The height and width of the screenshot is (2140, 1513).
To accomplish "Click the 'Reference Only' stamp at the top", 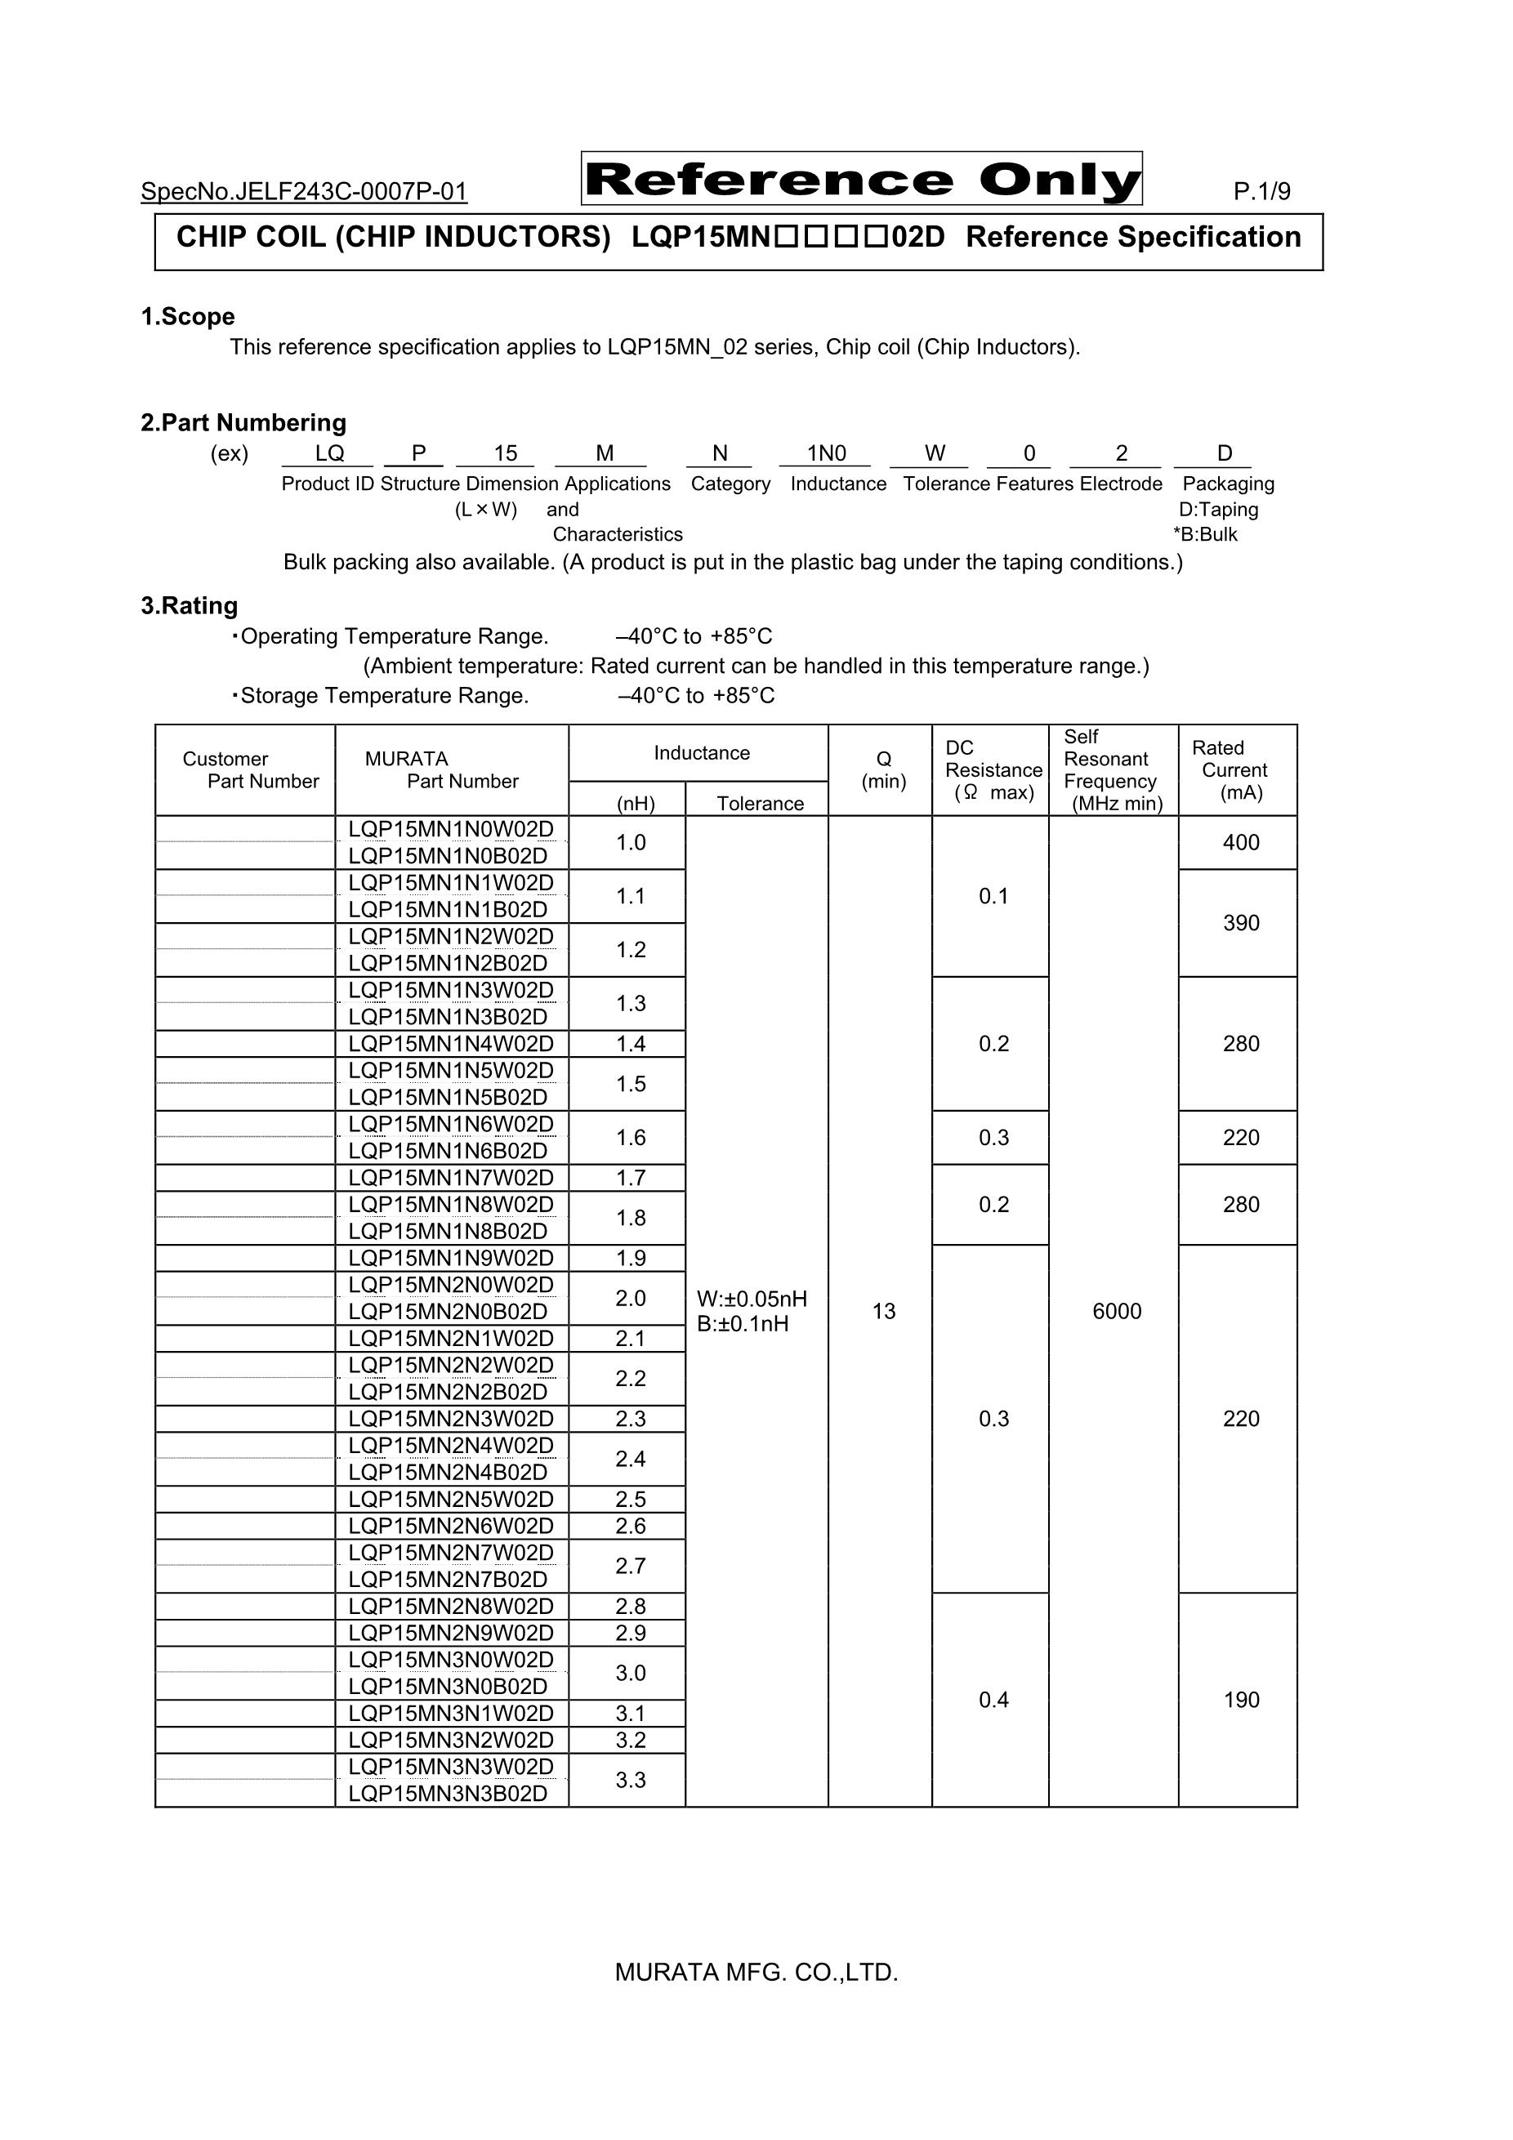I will tap(861, 179).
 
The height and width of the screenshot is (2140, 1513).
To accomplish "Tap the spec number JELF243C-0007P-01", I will tap(304, 192).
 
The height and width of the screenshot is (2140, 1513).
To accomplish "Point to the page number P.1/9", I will tap(1261, 192).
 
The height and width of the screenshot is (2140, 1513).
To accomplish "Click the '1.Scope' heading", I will tap(187, 317).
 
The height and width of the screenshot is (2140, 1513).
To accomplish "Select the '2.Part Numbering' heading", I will tap(243, 423).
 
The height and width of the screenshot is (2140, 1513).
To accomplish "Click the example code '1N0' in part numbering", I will tap(826, 454).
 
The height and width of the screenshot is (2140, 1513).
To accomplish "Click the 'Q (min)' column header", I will tap(883, 770).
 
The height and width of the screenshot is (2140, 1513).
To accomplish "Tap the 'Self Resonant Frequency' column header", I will tap(1112, 770).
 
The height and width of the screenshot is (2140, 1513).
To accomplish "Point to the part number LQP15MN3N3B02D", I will tap(449, 1794).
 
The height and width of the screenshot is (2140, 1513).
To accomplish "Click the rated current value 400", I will tap(1241, 843).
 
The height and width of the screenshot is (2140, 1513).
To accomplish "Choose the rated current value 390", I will tap(1241, 923).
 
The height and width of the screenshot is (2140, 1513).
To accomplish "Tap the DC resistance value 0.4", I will tap(993, 1700).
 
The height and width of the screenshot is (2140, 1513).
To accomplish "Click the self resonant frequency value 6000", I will tap(1117, 1312).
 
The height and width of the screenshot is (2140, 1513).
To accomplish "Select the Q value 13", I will tap(884, 1312).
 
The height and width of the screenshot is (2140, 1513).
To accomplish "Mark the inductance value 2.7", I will tap(632, 1566).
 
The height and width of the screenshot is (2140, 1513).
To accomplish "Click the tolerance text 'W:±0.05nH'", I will tap(752, 1300).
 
